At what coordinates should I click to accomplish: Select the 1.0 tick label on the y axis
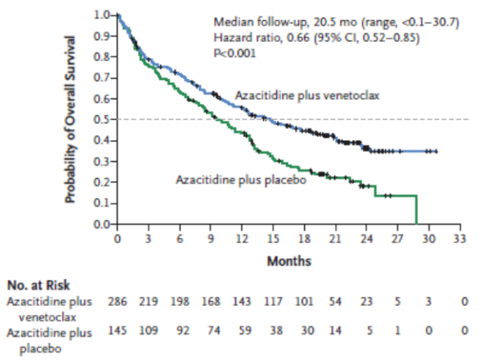click(101, 15)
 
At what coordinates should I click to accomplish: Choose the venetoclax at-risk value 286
click(118, 300)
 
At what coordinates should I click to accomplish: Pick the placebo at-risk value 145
click(118, 330)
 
